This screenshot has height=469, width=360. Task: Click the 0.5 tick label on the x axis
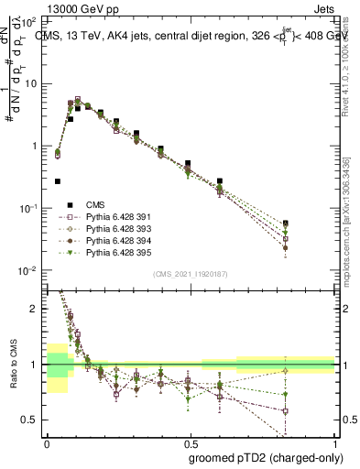coord(191,441)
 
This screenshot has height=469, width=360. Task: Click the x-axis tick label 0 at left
coord(47,441)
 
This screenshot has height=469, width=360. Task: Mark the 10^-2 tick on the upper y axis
coord(30,270)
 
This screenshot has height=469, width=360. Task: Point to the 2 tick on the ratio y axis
coord(37,309)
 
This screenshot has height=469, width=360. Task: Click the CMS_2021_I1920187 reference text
coord(191,273)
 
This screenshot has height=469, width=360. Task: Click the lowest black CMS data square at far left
coord(58,181)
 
